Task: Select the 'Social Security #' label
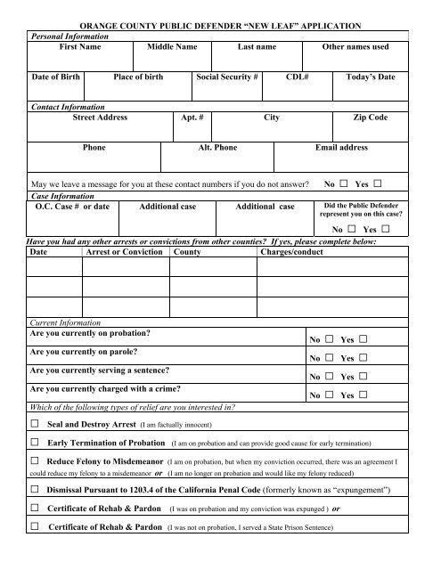pos(227,77)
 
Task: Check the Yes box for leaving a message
pos(378,184)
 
